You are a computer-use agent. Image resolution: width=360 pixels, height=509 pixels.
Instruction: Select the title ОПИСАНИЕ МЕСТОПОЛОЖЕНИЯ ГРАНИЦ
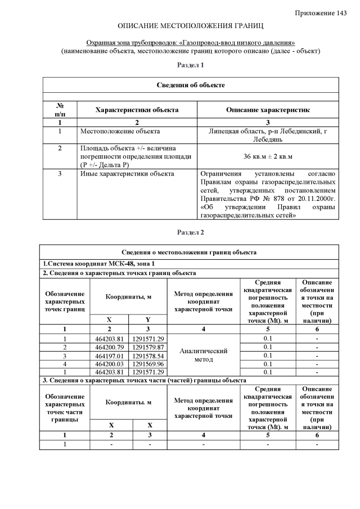(191, 26)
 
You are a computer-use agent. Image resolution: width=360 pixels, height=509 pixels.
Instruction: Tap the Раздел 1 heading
(191, 66)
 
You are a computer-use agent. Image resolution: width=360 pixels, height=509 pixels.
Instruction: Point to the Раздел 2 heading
(191, 232)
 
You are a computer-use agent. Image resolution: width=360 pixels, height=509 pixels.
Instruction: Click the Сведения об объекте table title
(191, 85)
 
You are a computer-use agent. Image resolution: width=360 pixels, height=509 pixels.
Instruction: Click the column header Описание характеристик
(268, 110)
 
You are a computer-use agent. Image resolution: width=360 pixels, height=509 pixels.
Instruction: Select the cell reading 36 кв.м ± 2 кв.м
(268, 156)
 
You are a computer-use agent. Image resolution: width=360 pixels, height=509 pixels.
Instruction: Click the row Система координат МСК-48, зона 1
(99, 263)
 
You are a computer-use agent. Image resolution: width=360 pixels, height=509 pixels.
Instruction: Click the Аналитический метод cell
(203, 355)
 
